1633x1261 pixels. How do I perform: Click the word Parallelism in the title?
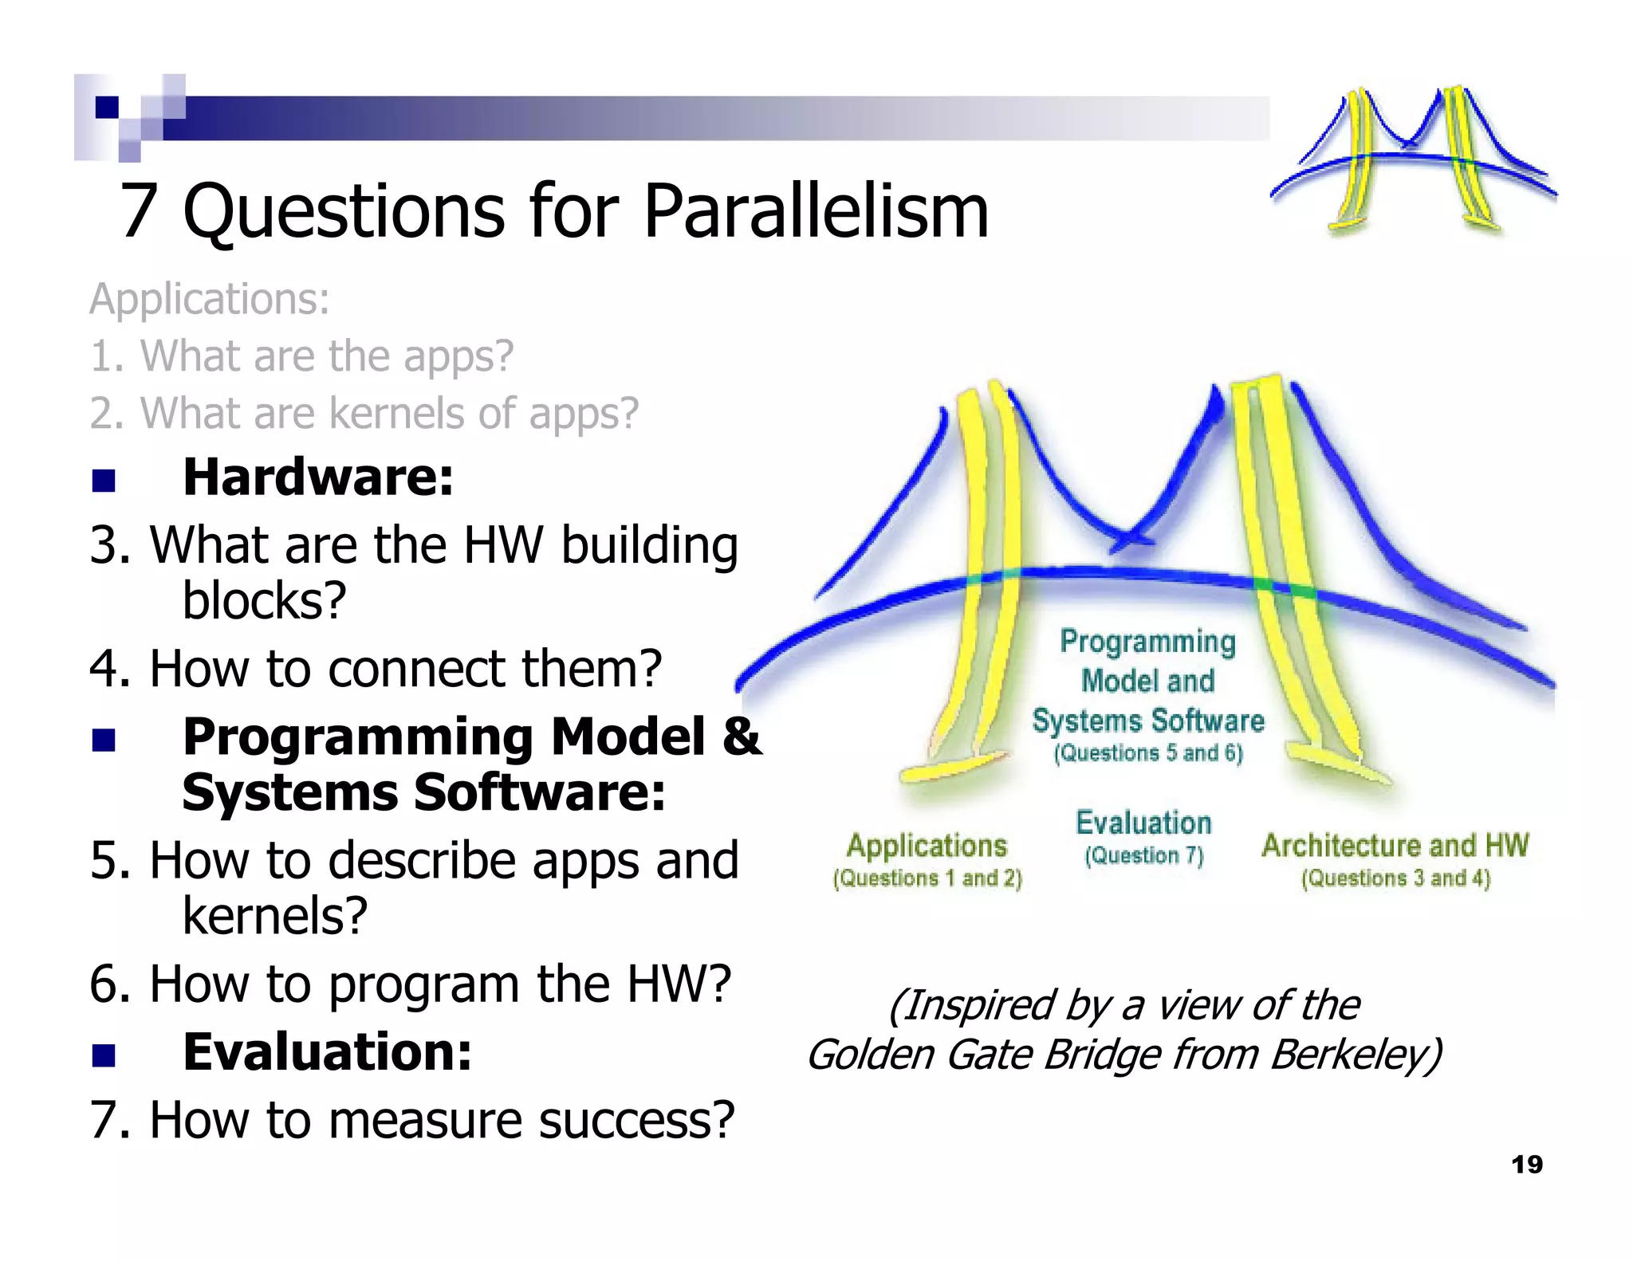(815, 211)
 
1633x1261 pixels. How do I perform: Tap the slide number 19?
(1526, 1165)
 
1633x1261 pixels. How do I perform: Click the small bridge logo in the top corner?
(1413, 159)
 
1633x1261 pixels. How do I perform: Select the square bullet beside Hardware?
(104, 481)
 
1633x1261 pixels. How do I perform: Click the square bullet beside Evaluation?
(104, 1055)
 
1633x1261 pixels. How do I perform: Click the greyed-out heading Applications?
(209, 300)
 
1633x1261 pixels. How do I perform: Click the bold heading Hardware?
(317, 477)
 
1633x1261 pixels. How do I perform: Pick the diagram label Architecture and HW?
(1395, 845)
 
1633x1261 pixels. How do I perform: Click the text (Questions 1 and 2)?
(927, 878)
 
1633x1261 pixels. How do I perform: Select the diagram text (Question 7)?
(1143, 855)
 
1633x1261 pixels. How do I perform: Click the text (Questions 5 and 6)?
(1147, 753)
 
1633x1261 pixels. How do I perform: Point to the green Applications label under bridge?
(927, 845)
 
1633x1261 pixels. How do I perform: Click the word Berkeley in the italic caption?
(1355, 1055)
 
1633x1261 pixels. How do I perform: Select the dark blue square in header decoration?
(107, 107)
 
